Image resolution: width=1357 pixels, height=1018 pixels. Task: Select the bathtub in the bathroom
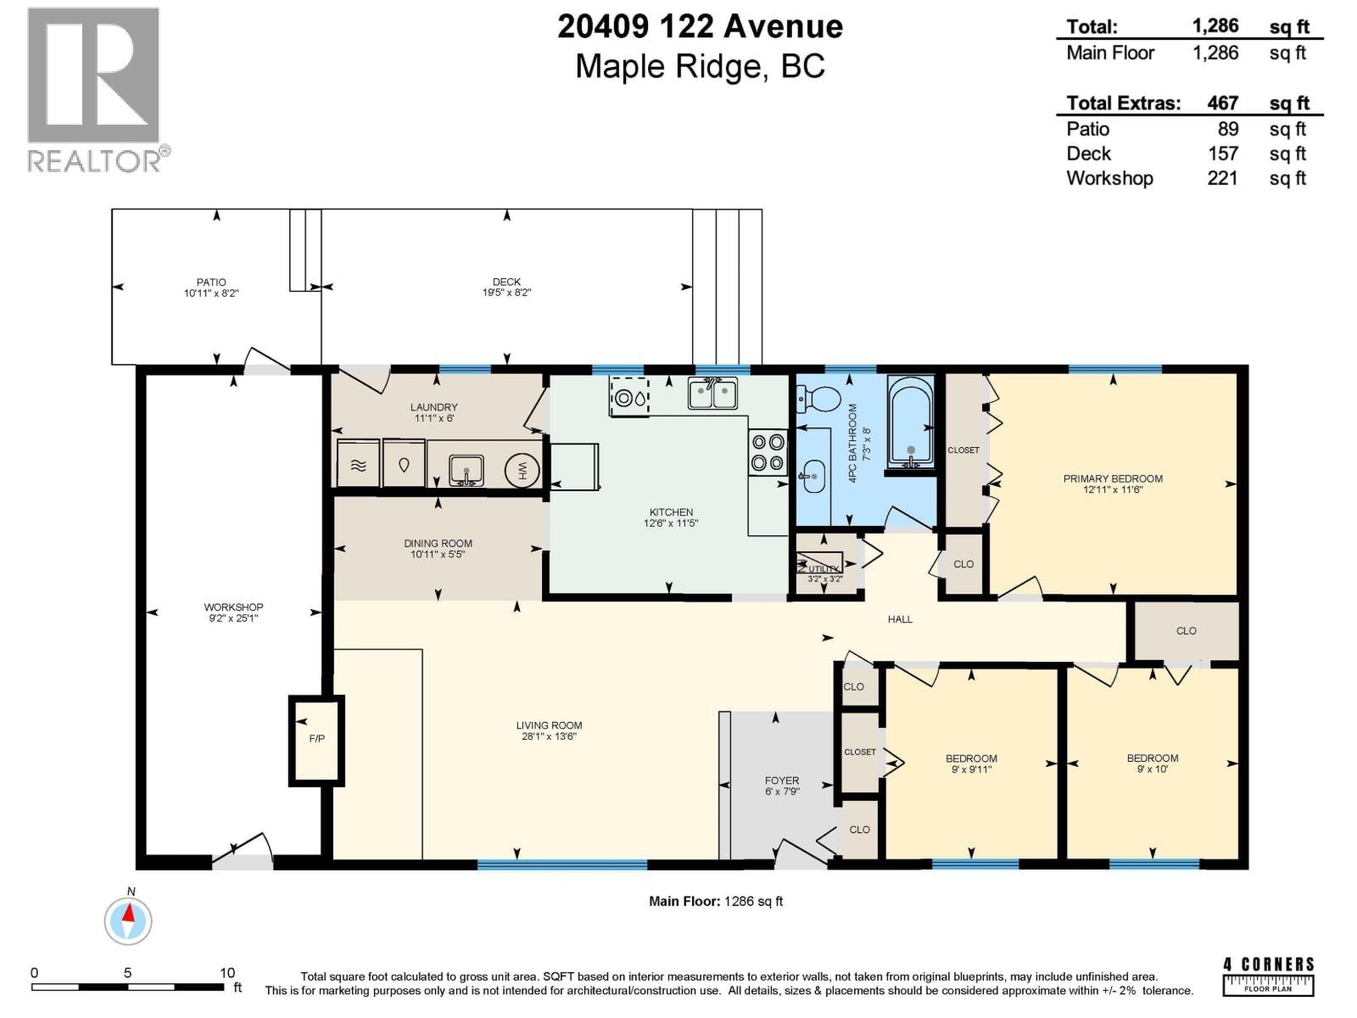910,421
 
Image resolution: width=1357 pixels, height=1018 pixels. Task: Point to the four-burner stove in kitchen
767,452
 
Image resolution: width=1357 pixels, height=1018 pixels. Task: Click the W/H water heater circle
522,470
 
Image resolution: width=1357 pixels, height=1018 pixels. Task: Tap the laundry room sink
466,469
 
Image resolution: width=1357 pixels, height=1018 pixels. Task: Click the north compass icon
128,919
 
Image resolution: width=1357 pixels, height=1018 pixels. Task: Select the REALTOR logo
95,89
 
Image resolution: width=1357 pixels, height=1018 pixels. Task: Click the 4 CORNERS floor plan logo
1268,976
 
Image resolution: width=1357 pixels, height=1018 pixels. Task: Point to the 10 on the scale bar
227,973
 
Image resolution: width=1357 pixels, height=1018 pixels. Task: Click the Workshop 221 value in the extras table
1222,178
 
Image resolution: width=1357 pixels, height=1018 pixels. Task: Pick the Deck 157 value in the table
1223,154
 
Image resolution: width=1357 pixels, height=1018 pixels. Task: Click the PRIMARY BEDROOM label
1113,479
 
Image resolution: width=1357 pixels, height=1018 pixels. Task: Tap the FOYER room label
781,780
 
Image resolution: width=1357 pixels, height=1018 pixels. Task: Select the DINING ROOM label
438,544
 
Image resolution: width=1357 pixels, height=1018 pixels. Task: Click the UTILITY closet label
824,569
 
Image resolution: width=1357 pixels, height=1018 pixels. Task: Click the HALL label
900,619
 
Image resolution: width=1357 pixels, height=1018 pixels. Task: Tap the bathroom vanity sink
813,477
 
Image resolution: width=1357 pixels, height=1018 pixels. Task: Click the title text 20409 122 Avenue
700,27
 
